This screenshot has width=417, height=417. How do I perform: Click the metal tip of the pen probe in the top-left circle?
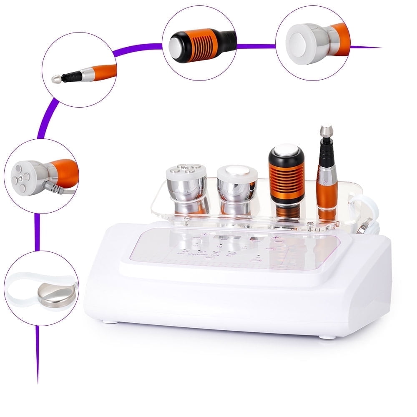(56, 79)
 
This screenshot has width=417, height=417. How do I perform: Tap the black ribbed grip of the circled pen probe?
(70, 75)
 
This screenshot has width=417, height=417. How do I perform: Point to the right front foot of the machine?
(326, 336)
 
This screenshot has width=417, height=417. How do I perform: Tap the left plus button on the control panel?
(205, 235)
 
